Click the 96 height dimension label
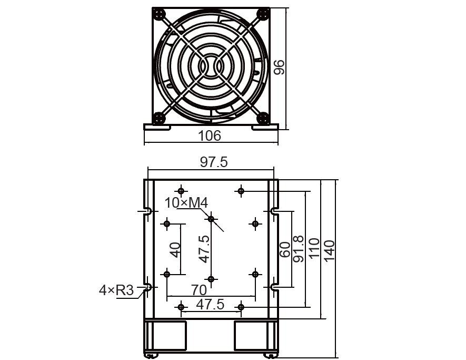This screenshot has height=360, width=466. pyautogui.click(x=279, y=67)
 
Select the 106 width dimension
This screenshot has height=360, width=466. pyautogui.click(x=210, y=135)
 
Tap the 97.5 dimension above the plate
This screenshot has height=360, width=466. pyautogui.click(x=214, y=162)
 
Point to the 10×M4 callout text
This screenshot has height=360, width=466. pyautogui.click(x=186, y=203)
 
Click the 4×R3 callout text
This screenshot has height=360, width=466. pyautogui.click(x=116, y=290)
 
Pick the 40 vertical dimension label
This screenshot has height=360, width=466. pyautogui.click(x=175, y=250)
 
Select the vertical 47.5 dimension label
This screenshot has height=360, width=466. pyautogui.click(x=204, y=249)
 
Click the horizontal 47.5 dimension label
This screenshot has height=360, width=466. pyautogui.click(x=210, y=304)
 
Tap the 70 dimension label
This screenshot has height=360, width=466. pyautogui.click(x=199, y=290)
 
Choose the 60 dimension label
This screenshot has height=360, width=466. pyautogui.click(x=285, y=249)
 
